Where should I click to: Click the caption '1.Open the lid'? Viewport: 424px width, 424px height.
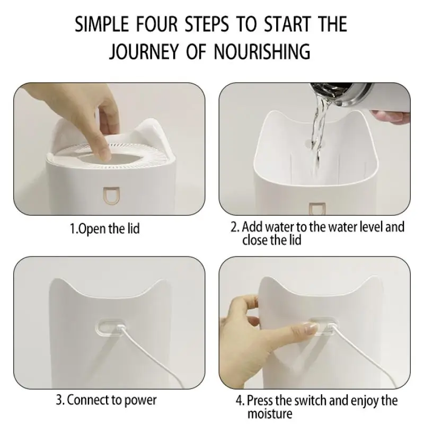coord(105,229)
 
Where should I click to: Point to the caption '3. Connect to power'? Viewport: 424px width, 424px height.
coord(106,400)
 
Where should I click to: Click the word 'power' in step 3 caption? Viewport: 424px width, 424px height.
coord(141,400)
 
